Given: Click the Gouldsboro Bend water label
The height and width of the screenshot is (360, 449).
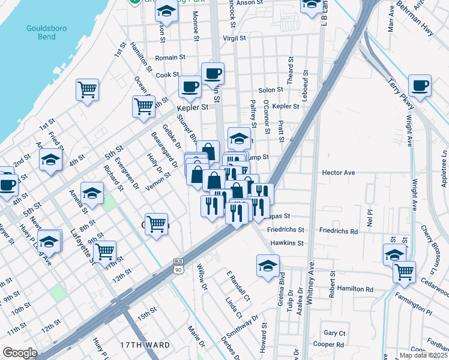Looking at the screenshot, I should coord(41,32).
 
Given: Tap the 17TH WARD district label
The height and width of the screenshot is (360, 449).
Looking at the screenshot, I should coord(145,345).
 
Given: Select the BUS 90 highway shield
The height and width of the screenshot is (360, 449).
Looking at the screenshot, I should coord(178,266).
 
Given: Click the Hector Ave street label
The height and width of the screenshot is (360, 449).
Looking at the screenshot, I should coord(339,172).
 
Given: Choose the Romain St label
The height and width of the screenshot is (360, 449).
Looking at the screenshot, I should coord(170,58).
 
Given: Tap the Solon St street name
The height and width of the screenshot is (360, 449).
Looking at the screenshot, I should coord(271,90).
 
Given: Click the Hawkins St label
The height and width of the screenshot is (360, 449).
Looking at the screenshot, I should coord(288,243).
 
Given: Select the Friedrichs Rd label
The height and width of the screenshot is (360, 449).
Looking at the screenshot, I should coord(338,230).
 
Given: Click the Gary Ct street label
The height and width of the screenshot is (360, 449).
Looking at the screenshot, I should coord(334,333).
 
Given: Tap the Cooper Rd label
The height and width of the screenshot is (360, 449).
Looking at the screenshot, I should coord(332,344).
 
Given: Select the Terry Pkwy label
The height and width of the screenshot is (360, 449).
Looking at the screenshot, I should coord(400,94).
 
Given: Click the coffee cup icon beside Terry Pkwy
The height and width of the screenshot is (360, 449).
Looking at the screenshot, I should coord(420,85).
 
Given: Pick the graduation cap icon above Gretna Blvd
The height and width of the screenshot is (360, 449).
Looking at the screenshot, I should coord(268,265).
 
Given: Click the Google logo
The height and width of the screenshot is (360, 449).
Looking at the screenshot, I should coord(20,353).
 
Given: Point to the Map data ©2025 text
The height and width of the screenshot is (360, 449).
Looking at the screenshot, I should coord(423,355).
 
